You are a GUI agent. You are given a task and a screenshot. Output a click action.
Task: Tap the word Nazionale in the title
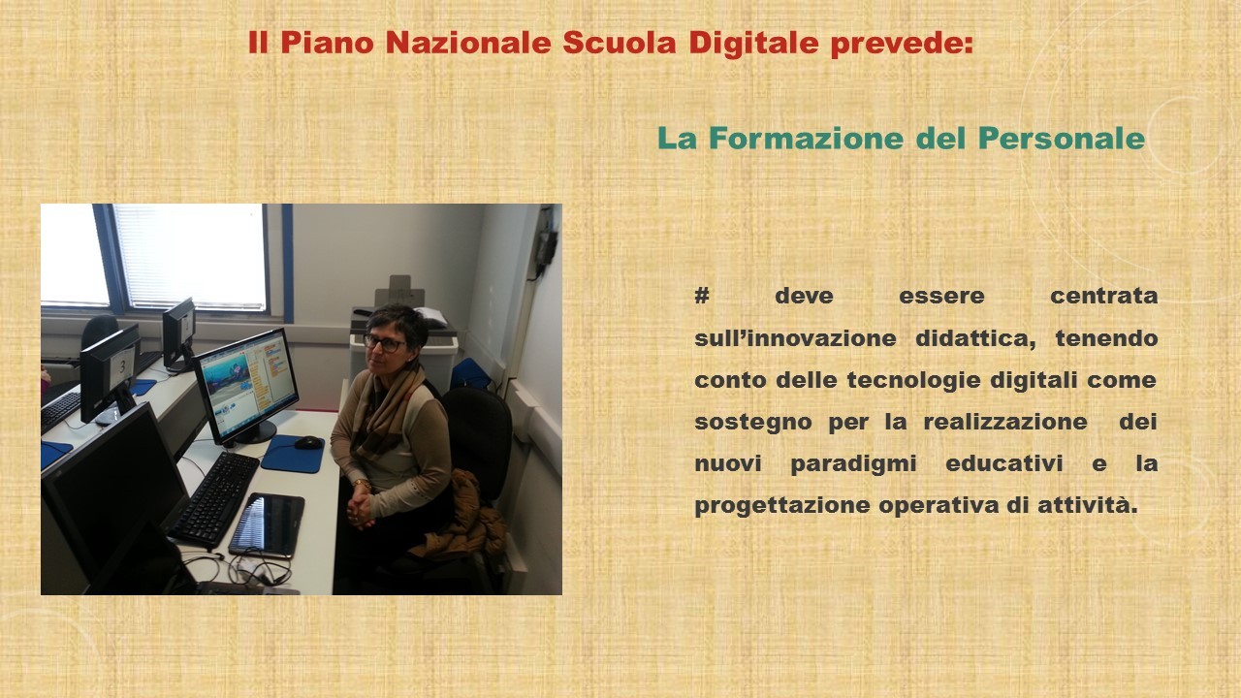click(x=468, y=43)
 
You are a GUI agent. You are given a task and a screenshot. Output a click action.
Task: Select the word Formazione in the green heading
click(x=806, y=139)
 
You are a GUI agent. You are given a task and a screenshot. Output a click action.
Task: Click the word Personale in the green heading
click(x=1062, y=139)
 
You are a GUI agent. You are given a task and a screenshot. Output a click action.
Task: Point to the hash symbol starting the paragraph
click(x=702, y=296)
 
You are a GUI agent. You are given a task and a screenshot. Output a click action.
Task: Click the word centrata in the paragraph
click(x=1104, y=296)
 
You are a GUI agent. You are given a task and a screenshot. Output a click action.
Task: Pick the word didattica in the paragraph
click(x=975, y=338)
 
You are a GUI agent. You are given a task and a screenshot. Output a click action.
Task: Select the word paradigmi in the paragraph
click(x=854, y=464)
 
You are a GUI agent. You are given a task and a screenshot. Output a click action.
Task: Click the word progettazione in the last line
click(x=782, y=506)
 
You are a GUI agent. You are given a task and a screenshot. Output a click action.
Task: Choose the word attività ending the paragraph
click(x=1087, y=505)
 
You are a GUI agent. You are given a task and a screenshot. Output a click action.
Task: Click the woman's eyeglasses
click(x=384, y=343)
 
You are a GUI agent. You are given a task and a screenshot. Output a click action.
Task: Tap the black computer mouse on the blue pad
click(x=308, y=442)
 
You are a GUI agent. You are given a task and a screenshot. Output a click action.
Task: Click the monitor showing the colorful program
click(x=246, y=385)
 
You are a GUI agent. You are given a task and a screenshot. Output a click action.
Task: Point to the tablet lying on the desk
click(x=267, y=524)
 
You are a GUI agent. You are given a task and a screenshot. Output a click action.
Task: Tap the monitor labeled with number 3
click(x=110, y=373)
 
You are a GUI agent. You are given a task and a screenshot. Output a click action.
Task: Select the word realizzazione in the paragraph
click(x=1005, y=422)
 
